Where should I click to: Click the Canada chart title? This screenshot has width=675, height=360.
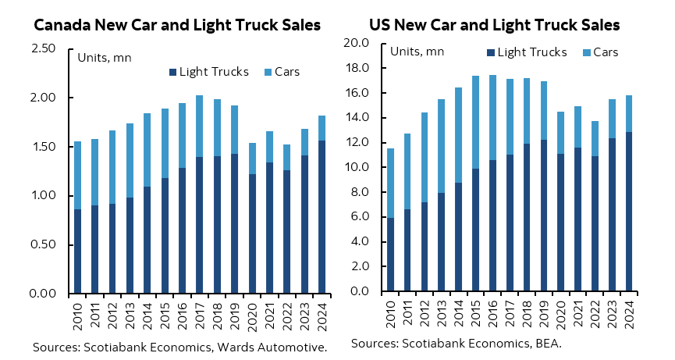click(x=176, y=25)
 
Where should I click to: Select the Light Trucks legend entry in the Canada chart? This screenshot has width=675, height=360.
click(x=208, y=72)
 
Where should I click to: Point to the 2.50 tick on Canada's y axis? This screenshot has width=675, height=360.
click(x=43, y=49)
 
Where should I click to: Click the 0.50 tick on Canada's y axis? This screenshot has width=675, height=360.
click(x=43, y=244)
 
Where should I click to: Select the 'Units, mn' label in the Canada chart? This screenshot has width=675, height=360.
click(x=105, y=56)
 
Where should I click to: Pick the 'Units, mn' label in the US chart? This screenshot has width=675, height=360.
click(x=417, y=52)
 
